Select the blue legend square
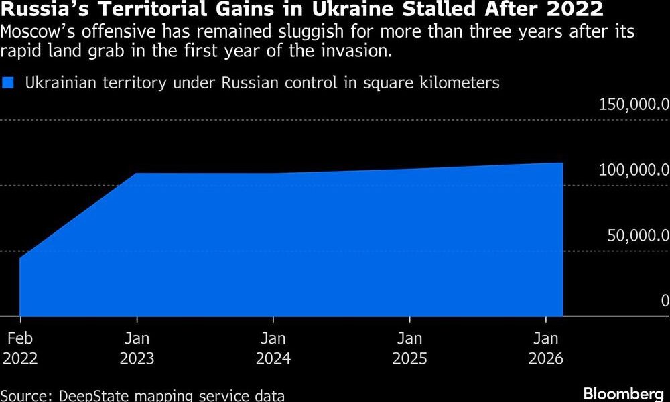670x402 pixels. point(9,83)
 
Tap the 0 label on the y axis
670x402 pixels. point(665,300)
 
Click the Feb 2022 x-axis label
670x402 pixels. point(20,348)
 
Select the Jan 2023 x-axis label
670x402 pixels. point(137,348)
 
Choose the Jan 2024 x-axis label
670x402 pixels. point(273,348)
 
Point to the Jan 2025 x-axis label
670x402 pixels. point(409,348)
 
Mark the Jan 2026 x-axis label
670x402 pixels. point(546,348)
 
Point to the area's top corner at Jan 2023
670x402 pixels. point(137,174)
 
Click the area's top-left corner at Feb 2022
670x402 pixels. point(20,258)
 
